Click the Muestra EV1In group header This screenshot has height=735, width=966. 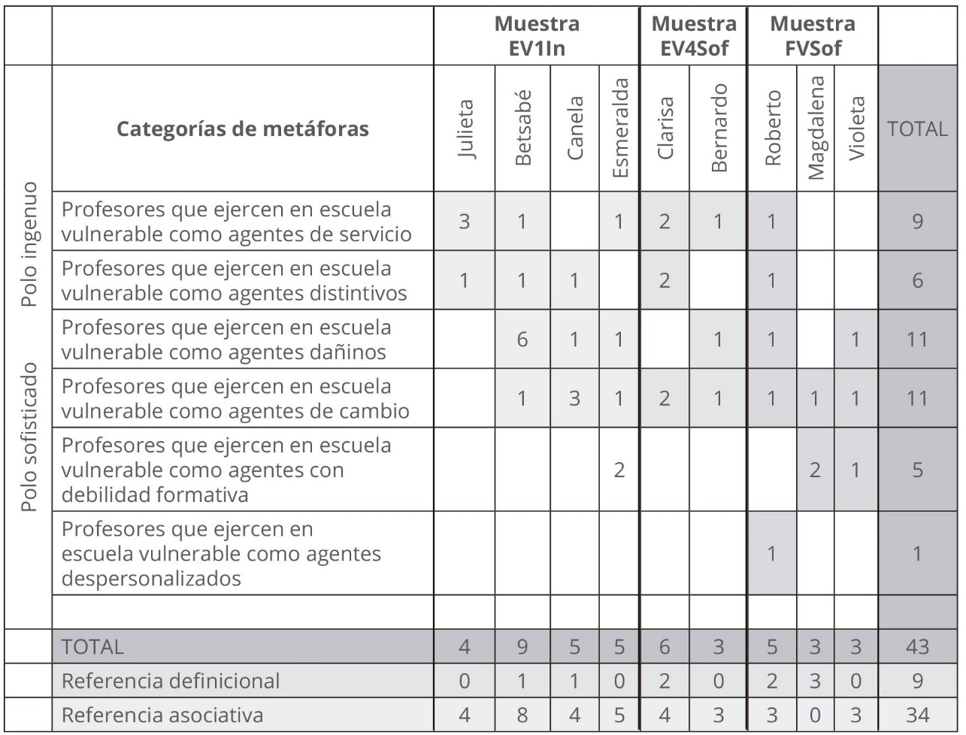[536, 36]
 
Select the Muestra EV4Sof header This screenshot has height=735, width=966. [693, 36]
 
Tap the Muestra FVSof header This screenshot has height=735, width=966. [812, 36]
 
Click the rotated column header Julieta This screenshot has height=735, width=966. [465, 129]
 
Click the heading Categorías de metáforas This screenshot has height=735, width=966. [243, 129]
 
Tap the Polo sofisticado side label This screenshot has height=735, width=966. [29, 438]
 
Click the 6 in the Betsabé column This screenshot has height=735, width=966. [522, 339]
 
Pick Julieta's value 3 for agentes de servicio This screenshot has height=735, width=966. [465, 221]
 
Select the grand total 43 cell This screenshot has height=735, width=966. [916, 646]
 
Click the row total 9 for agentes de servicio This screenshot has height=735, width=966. [916, 221]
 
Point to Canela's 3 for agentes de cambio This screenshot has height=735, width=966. [575, 398]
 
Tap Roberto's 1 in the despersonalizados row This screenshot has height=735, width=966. [771, 554]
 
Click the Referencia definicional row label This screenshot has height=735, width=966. [171, 681]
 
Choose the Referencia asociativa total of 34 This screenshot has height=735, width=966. [916, 715]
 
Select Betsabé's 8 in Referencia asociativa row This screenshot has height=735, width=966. [522, 715]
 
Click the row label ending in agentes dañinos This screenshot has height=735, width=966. [226, 339]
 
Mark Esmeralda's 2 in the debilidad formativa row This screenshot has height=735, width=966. [619, 470]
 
